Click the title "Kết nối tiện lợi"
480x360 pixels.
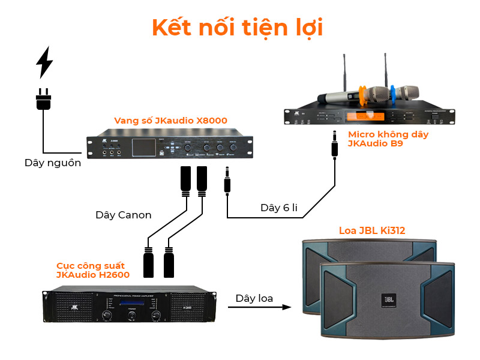[x=238, y=28]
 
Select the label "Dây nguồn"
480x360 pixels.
[x=53, y=163]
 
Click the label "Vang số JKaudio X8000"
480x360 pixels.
[x=171, y=121]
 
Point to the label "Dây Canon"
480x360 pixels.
[x=124, y=214]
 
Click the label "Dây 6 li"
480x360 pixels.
[x=279, y=208]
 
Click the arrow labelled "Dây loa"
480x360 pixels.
[x=254, y=307]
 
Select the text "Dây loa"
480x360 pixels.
[x=254, y=298]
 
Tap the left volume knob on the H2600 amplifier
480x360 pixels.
[x=108, y=316]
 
